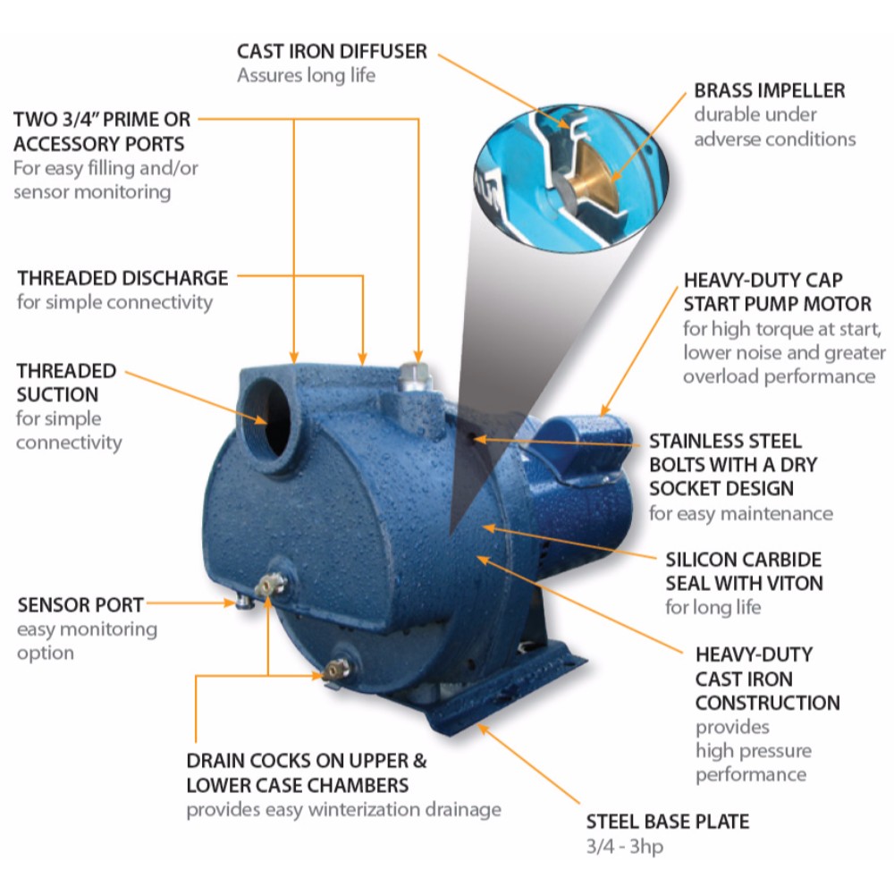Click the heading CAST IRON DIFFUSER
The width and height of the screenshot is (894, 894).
tap(332, 51)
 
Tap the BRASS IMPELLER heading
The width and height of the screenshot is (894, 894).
tap(769, 90)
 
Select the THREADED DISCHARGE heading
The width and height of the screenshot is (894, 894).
tap(122, 278)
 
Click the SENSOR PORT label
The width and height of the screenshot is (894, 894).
tap(80, 605)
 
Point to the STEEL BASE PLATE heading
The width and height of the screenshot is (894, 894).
tap(668, 822)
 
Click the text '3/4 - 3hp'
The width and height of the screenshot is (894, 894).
tap(625, 847)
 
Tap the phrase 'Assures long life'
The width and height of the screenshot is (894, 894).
tap(306, 75)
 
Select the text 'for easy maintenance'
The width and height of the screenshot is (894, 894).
tap(740, 514)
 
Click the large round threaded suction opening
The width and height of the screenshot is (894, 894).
tap(269, 417)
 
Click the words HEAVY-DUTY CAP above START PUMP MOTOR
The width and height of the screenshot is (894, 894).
tap(763, 280)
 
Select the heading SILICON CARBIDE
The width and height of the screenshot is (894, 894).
tap(744, 560)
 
